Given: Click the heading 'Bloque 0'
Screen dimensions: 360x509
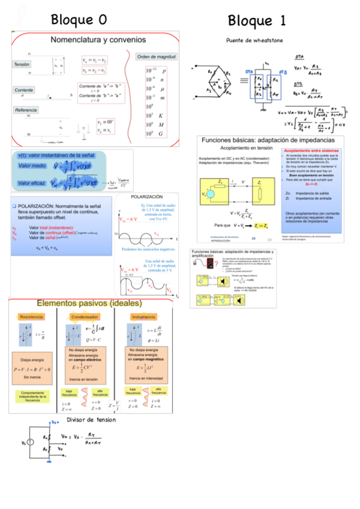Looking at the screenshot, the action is tap(79, 19).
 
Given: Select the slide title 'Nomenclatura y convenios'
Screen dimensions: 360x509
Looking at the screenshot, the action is tap(98, 40).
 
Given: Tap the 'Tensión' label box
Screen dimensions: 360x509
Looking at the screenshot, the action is tap(22, 64).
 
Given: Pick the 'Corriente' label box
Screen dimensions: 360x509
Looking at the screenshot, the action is tap(25, 89).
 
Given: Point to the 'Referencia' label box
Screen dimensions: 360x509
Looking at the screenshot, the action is tap(26, 110).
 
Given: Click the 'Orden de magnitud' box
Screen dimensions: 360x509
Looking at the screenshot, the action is tap(156, 56).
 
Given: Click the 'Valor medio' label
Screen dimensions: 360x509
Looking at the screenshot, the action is tap(32, 164).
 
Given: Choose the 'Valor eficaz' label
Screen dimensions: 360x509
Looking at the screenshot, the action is tap(32, 182).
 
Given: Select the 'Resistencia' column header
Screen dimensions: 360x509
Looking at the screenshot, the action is tap(32, 316).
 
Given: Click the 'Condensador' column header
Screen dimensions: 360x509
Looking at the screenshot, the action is tap(85, 316).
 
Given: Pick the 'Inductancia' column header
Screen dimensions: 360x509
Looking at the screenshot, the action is tap(143, 316).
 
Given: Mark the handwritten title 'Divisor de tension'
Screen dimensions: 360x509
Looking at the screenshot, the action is tap(91, 420).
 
